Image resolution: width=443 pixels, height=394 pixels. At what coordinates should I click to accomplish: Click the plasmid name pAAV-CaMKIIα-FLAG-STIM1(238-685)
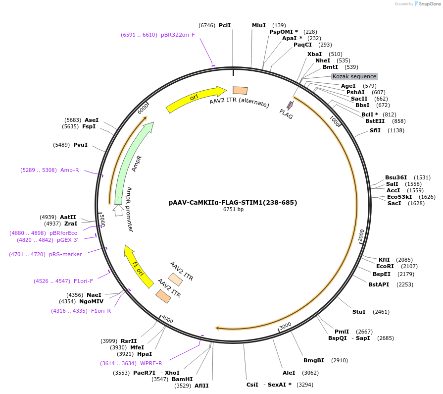pyautogui.click(x=233, y=202)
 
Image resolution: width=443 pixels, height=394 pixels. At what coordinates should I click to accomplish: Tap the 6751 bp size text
pyautogui.click(x=233, y=210)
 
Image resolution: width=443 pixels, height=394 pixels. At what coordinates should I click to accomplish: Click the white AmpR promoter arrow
pyautogui.click(x=118, y=210)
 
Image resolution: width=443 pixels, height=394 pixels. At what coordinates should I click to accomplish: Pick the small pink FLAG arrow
pyautogui.click(x=290, y=106)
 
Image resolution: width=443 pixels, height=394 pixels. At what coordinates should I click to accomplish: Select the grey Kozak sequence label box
pyautogui.click(x=354, y=76)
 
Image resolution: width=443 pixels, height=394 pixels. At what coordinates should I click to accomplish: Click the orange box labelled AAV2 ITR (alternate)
pyautogui.click(x=240, y=90)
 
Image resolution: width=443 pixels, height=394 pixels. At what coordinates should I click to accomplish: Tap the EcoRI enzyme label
pyautogui.click(x=385, y=266)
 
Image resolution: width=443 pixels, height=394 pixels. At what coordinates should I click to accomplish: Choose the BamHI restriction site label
pyautogui.click(x=182, y=379)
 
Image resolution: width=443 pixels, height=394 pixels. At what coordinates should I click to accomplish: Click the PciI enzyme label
pyautogui.click(x=225, y=25)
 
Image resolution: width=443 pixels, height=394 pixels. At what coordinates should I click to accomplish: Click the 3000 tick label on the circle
pyautogui.click(x=285, y=326)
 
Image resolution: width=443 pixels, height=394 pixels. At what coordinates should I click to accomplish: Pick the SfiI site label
pyautogui.click(x=375, y=130)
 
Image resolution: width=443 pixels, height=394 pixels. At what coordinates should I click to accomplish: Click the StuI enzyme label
pyautogui.click(x=358, y=312)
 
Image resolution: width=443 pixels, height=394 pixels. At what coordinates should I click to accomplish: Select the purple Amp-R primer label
pyautogui.click(x=69, y=170)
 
